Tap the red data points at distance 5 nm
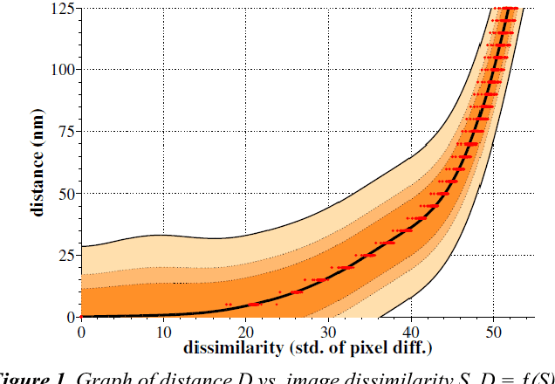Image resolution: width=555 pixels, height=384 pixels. pos(253,304)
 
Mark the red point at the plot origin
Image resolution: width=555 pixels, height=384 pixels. pos(81,316)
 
